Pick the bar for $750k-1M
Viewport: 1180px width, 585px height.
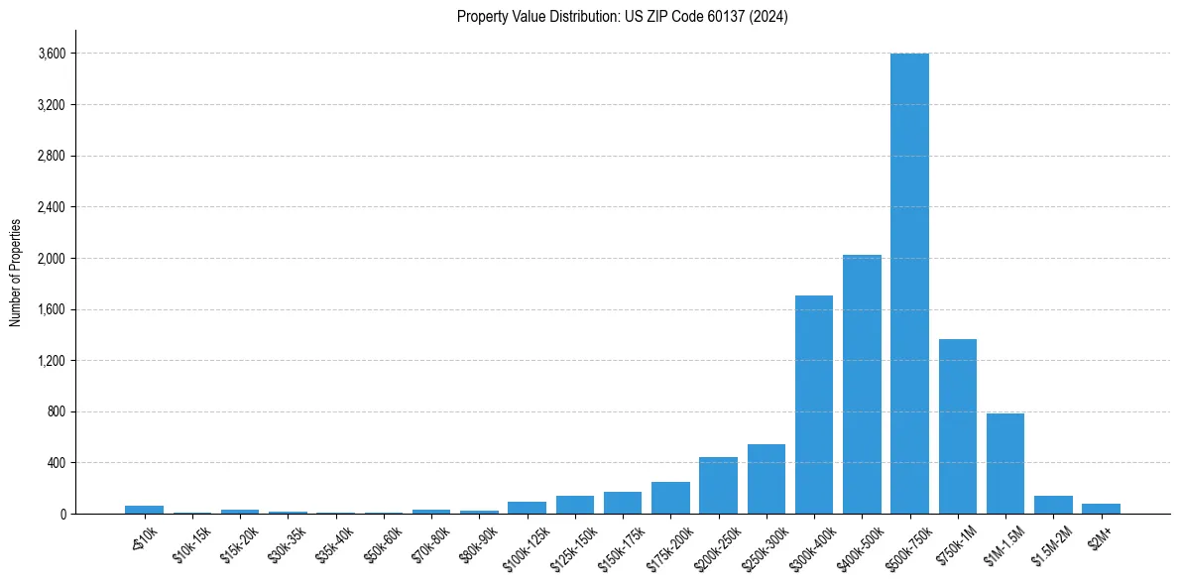[x=957, y=426]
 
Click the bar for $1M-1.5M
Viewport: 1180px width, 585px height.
[x=1004, y=464]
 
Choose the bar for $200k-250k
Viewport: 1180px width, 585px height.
[x=718, y=486]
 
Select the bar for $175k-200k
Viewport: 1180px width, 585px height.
[x=670, y=498]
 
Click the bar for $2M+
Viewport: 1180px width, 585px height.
[x=1101, y=509]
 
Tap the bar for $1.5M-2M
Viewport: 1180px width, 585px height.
[x=1053, y=505]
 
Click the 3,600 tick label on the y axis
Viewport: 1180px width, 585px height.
[x=51, y=54]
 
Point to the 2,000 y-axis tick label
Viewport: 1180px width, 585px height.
[x=51, y=258]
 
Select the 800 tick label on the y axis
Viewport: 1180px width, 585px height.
[x=56, y=411]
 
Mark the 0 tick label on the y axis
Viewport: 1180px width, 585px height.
[x=62, y=514]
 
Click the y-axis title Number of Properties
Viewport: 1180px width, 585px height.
[x=15, y=272]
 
